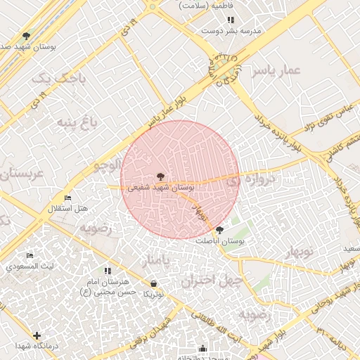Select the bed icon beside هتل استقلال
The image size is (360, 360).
(67, 198)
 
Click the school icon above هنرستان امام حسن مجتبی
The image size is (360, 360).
(108, 271)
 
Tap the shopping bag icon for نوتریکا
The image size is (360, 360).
(153, 284)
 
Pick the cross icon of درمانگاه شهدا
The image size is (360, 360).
(37, 336)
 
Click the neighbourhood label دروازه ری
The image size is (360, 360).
(253, 181)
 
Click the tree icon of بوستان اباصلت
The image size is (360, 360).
(219, 230)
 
